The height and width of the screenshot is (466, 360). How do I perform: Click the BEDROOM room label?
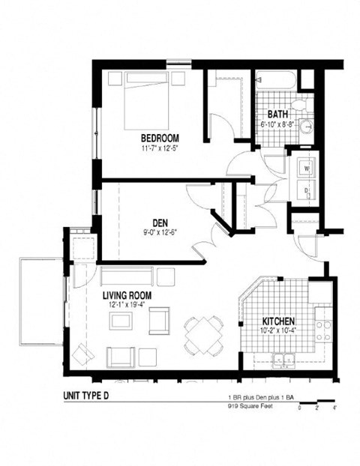click(159, 138)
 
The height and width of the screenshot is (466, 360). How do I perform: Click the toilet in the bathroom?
click(299, 104)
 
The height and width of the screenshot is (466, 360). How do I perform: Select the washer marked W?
click(307, 169)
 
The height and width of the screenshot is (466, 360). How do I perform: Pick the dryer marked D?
click(307, 192)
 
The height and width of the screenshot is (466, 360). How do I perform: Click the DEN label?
click(159, 222)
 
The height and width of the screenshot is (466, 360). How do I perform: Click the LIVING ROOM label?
click(127, 295)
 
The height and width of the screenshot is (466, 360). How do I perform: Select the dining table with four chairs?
click(203, 335)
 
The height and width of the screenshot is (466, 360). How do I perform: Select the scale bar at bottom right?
click(316, 405)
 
